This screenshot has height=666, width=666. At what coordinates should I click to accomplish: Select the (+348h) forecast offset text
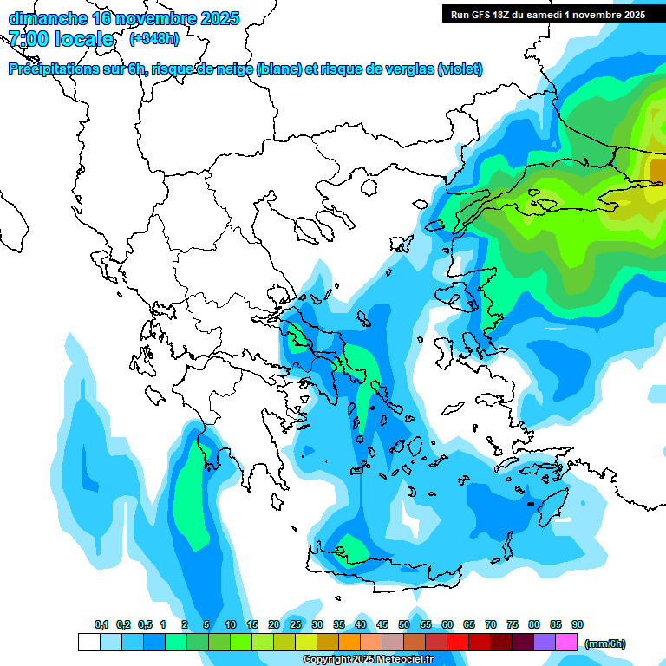tap(154, 39)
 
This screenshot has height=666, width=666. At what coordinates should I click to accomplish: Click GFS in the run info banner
tap(484, 15)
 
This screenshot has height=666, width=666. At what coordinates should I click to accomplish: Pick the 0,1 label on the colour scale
tap(101, 625)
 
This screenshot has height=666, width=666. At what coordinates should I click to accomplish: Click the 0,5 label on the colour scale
tap(145, 625)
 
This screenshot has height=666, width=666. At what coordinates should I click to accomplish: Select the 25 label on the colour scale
tap(296, 625)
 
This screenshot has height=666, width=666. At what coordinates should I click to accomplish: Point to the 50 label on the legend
tap(404, 625)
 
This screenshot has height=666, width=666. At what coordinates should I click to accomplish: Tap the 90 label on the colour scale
tap(578, 625)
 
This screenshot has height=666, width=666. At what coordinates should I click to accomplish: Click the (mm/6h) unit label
tap(605, 643)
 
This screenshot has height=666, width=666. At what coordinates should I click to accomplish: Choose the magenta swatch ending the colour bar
tap(566, 643)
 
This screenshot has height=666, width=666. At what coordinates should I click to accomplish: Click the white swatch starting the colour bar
tap(89, 643)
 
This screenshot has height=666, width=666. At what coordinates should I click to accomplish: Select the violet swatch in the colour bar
tap(545, 643)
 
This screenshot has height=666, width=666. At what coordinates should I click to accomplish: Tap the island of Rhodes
tap(552, 508)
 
